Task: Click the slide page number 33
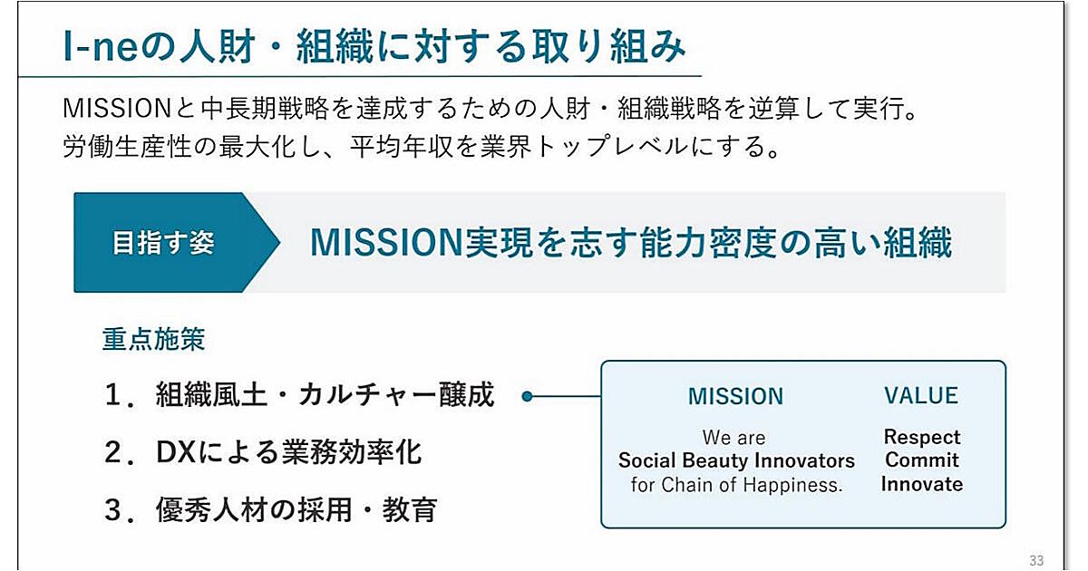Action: [x=1036, y=560]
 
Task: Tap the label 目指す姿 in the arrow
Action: [x=163, y=243]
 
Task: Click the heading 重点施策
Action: [x=153, y=339]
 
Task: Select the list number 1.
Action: [x=113, y=395]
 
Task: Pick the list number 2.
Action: [x=113, y=453]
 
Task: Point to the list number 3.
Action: [x=113, y=510]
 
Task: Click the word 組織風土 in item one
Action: [x=212, y=394]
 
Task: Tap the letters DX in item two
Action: [x=175, y=453]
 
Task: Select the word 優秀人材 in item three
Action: [x=212, y=509]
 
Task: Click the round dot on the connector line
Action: [x=527, y=396]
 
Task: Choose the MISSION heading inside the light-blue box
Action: [x=736, y=396]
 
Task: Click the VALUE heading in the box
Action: [x=921, y=396]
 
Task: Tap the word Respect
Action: [x=922, y=438]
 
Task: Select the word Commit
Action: [x=922, y=460]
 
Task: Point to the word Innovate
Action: [x=922, y=484]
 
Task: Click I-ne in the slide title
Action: [x=100, y=47]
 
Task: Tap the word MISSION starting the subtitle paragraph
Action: [x=117, y=109]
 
